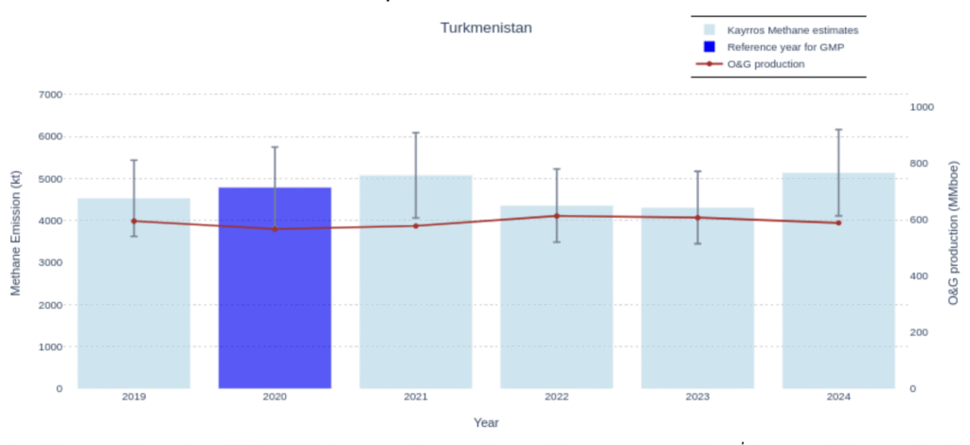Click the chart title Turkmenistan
[486, 27]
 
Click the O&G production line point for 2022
[557, 216]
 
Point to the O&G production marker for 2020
[275, 228]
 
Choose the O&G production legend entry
[764, 63]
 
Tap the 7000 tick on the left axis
[49, 95]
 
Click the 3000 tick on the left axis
[49, 262]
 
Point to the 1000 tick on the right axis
[922, 107]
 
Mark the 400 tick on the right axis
[919, 276]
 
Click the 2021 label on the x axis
[416, 397]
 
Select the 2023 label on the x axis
[697, 397]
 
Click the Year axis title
[486, 422]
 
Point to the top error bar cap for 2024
[838, 129]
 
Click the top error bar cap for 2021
[416, 133]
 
